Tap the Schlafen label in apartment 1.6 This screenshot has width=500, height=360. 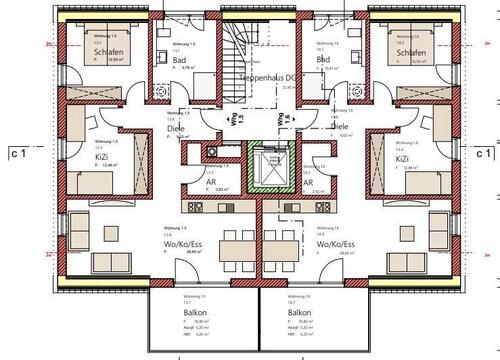[414, 53]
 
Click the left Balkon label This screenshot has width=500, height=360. [195, 284]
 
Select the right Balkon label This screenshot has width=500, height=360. [301, 284]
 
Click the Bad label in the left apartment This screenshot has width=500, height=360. [179, 60]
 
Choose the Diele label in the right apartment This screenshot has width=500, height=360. [340, 127]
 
